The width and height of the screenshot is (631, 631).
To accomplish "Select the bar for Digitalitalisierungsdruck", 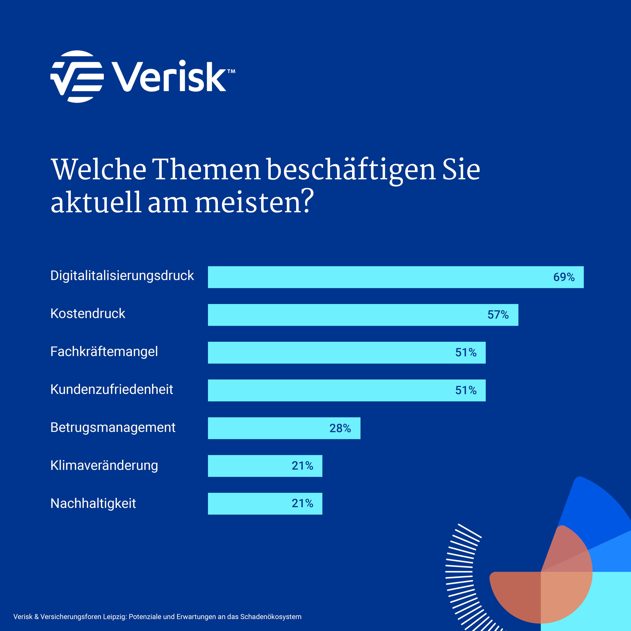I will coord(376,277).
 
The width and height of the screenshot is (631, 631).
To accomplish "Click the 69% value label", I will coord(564,277).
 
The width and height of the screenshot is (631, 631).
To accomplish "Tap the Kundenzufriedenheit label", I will coord(112,389).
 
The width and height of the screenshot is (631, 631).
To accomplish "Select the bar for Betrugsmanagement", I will coord(268,428).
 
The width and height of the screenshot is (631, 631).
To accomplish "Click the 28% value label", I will coord(340,428).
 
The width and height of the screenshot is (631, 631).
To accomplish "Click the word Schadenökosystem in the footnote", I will coord(271,617).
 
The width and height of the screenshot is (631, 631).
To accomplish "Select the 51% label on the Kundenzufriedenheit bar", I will coord(466,390).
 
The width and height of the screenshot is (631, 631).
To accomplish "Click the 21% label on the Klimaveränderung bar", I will coord(302,466).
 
